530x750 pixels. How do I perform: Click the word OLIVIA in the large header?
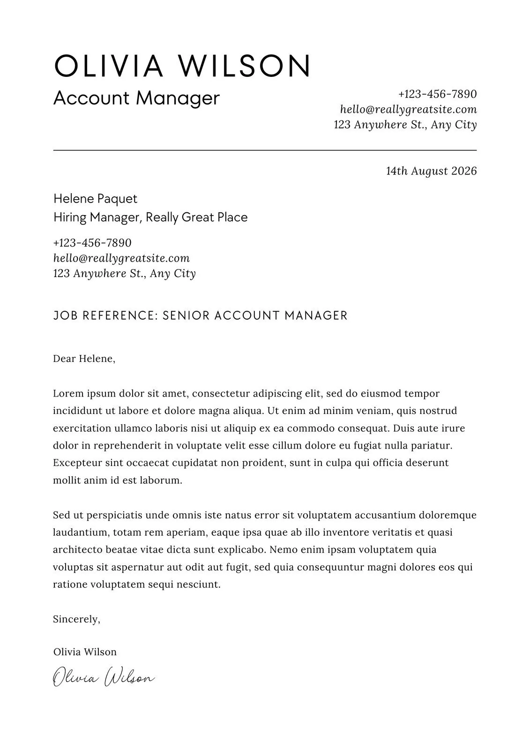coord(109,66)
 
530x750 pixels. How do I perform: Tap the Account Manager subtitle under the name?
coord(136,98)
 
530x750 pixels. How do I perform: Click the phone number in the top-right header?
coord(437,94)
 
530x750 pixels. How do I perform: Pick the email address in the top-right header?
coord(408,110)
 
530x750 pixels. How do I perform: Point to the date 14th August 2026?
coord(431,171)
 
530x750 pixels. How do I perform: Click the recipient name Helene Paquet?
coord(95,199)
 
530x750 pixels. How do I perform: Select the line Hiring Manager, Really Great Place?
coord(150,217)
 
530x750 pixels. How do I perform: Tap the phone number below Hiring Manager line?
coord(92,243)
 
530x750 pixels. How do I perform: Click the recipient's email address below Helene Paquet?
coord(121,258)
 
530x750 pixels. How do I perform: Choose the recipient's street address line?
coord(124,273)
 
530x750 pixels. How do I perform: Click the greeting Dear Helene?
coord(84,359)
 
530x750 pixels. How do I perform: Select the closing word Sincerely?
coord(76,619)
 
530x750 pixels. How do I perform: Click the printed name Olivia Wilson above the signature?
coord(85,652)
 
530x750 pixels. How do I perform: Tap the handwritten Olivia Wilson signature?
coord(103,678)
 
